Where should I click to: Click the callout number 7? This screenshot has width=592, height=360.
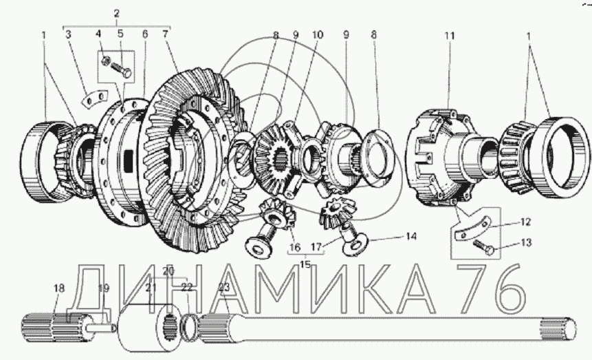[164, 34]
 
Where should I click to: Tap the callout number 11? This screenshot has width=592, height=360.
[449, 36]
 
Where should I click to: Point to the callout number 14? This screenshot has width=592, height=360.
[410, 237]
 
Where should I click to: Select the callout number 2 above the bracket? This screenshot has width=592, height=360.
[116, 14]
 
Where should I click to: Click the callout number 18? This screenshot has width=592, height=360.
[59, 288]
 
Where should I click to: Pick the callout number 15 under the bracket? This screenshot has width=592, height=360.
[305, 264]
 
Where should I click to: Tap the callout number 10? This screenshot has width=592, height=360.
[318, 35]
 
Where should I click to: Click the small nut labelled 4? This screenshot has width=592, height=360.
[107, 59]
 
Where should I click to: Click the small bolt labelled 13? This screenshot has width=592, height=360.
[484, 246]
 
